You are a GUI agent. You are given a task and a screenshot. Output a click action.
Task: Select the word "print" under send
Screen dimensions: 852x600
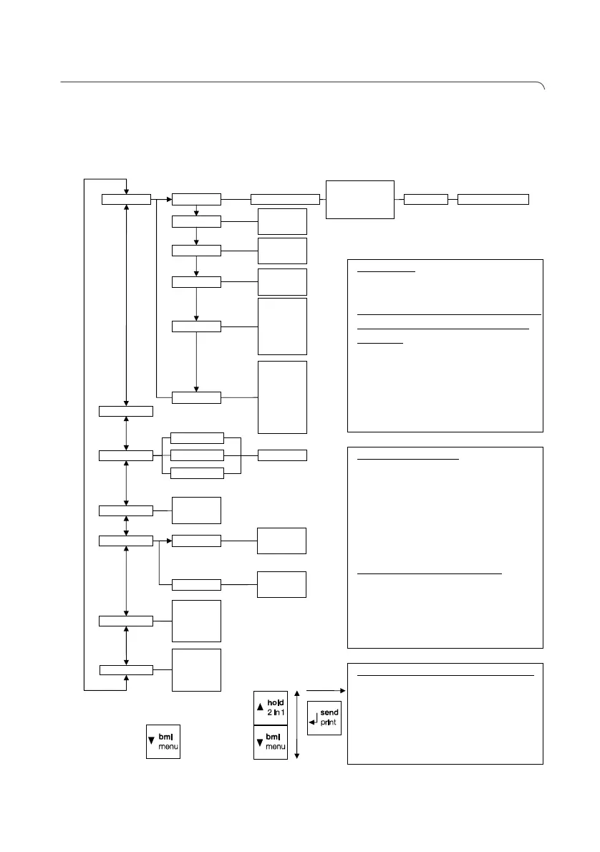pos(329,722)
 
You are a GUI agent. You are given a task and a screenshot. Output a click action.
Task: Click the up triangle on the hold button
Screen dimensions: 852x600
pos(261,708)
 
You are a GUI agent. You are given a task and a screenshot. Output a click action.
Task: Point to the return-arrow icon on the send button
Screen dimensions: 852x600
pos(315,720)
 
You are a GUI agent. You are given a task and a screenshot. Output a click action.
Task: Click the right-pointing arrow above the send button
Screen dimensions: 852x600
pos(326,690)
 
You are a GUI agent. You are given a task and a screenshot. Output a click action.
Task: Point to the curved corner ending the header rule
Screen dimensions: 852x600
pos(543,87)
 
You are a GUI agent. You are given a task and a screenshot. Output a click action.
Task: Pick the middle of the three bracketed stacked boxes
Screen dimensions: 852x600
pos(198,455)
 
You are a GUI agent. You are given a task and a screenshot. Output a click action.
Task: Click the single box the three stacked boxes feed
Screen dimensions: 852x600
pos(282,455)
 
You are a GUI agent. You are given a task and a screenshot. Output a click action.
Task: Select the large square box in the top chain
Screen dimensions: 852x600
pos(360,199)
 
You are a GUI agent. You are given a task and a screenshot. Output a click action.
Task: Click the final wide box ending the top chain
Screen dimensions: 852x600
pos(493,199)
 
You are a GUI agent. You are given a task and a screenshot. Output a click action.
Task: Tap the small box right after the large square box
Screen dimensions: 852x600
pos(426,199)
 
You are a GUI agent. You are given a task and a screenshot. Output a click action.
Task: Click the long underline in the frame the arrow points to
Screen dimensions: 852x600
pos(445,675)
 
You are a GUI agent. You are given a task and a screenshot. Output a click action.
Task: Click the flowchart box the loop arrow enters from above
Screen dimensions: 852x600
pos(126,198)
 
